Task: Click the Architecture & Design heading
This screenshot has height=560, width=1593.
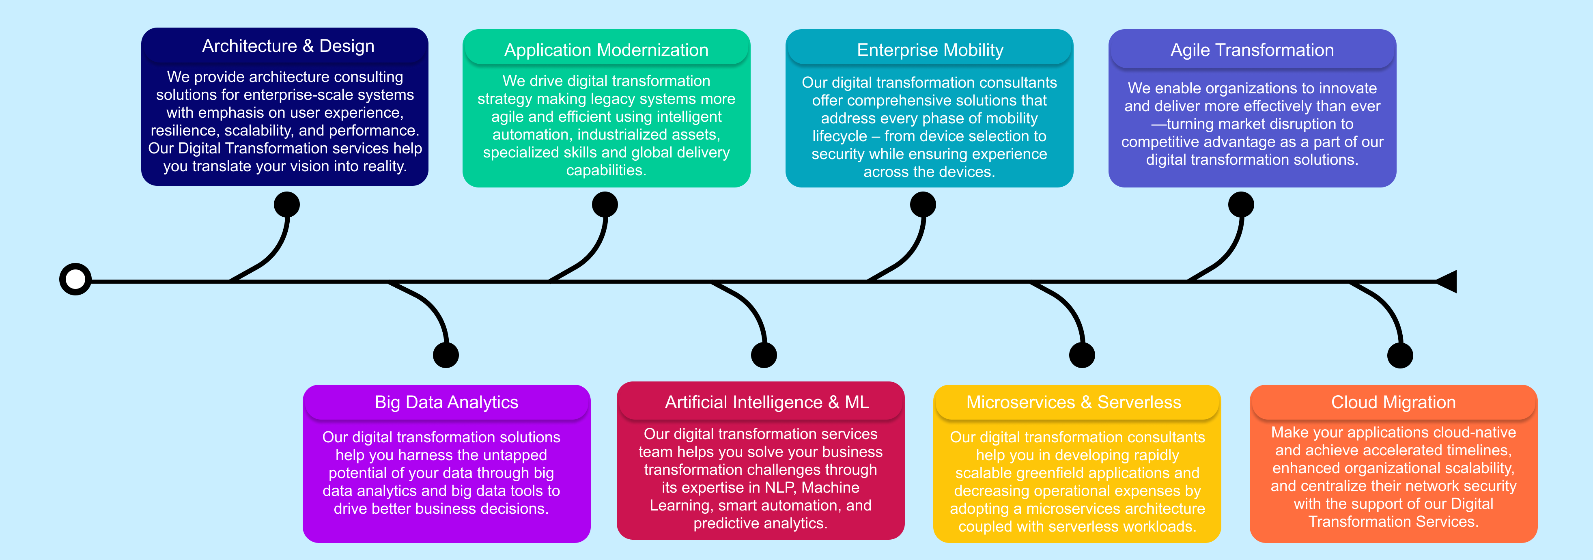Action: (288, 46)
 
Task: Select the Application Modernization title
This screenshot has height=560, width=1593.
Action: (606, 50)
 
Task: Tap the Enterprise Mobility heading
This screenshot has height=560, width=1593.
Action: (930, 50)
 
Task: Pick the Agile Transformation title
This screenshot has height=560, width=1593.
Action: (1252, 50)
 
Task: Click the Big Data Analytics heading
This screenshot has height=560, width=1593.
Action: (446, 402)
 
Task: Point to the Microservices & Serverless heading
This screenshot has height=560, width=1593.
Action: (1074, 402)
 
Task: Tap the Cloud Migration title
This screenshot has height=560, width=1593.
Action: (1393, 402)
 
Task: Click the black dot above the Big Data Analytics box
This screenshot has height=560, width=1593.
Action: (446, 355)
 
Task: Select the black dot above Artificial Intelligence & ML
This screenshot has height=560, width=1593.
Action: (764, 355)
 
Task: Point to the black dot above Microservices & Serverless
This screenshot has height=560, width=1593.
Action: (1082, 355)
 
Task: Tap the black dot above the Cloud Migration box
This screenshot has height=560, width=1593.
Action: (1400, 355)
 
